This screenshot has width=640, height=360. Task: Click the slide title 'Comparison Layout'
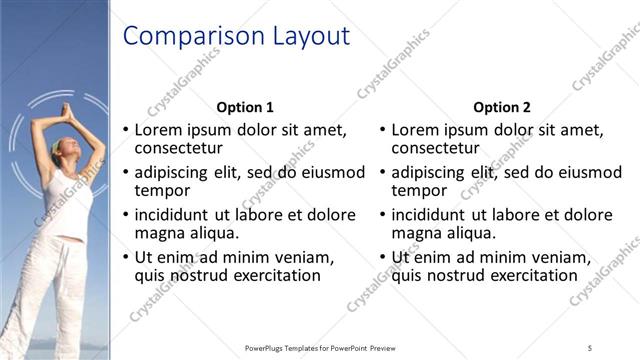pyautogui.click(x=236, y=37)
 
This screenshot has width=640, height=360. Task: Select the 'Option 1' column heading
pyautogui.click(x=245, y=107)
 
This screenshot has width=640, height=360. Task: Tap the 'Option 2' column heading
pyautogui.click(x=502, y=107)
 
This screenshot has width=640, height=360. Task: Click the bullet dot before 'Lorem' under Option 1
pyautogui.click(x=125, y=130)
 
